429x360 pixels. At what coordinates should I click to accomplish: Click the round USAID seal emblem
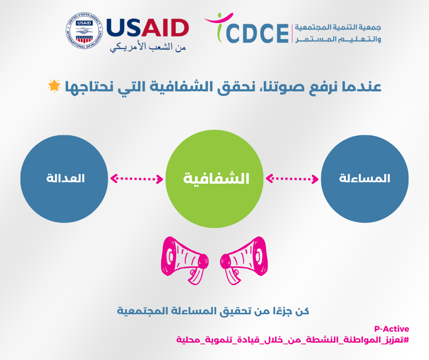[x=84, y=31]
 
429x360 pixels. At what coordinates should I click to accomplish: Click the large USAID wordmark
[x=147, y=28]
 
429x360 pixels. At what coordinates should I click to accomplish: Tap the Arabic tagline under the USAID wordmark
[x=148, y=47]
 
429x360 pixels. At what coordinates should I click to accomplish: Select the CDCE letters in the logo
[x=258, y=33]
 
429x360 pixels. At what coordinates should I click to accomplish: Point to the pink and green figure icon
[x=219, y=27]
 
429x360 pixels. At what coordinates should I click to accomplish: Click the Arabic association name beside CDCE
[x=338, y=33]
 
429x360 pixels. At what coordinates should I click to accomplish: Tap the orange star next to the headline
[x=54, y=86]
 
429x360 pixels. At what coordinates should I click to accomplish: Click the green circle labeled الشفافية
[x=214, y=179]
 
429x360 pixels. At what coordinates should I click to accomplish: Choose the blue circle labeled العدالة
[x=64, y=179]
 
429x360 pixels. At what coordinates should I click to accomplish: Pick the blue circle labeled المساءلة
[x=365, y=179]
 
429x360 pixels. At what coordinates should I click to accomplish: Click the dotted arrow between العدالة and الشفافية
[x=137, y=179]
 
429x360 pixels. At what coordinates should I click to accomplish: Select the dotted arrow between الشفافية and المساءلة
[x=292, y=179]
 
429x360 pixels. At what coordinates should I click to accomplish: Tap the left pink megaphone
[x=185, y=260]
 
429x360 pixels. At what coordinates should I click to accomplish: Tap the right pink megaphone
[x=244, y=260]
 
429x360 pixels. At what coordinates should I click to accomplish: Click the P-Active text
[x=392, y=329]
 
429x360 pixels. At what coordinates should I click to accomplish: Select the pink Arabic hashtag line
[x=293, y=340]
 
